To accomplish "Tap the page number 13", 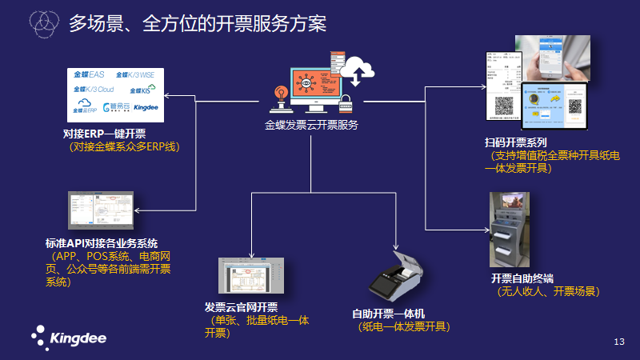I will point(618,342).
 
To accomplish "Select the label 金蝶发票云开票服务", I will point(311,125).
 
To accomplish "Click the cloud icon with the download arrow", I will point(358,73).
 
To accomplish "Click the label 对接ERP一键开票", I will point(104,134).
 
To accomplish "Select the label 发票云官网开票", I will point(241,308).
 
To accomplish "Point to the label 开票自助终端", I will point(522,278).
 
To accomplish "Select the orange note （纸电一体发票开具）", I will point(405,326).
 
